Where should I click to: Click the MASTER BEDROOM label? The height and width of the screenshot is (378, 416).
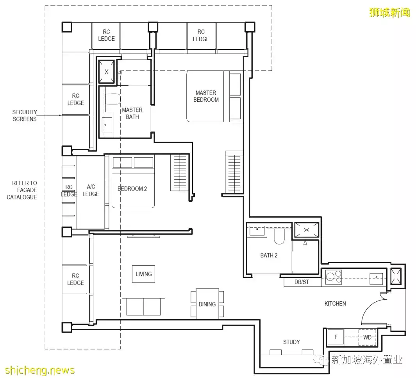point(206,96)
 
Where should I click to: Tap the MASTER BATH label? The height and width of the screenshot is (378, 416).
point(132,113)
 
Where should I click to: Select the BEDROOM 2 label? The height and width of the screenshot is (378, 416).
point(132,189)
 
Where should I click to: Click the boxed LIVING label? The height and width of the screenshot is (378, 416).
point(143,274)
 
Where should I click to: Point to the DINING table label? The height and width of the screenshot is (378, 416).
point(207,304)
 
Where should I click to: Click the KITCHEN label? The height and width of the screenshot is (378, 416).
point(335,304)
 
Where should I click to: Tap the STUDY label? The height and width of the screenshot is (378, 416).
point(291,342)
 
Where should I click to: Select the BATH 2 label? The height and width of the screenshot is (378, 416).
point(269,256)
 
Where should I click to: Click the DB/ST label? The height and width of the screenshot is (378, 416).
point(302,282)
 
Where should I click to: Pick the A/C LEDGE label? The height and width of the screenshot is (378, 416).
point(91,190)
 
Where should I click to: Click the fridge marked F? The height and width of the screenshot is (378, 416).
point(336,337)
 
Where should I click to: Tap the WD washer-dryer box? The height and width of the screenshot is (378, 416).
point(367,337)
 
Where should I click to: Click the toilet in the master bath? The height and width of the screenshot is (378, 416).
point(113,99)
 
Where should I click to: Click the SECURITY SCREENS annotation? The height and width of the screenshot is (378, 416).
point(25,116)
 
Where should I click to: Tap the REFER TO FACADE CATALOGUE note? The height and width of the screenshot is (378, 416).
point(22,190)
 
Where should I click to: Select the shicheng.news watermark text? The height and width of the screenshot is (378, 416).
point(40,370)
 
